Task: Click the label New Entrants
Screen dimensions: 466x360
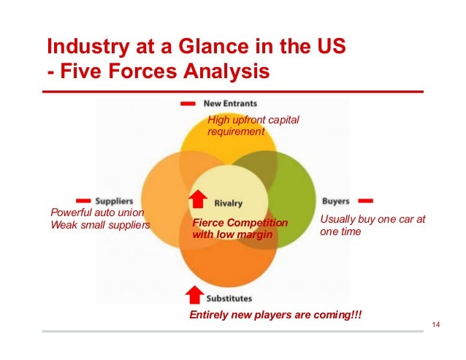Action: tap(230, 103)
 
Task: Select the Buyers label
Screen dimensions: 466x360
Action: tap(335, 200)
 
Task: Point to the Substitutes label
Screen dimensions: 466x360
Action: tap(229, 298)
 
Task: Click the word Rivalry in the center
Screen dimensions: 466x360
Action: tap(229, 202)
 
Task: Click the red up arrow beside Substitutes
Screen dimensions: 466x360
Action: tap(194, 294)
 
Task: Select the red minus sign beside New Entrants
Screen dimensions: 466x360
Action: tap(188, 103)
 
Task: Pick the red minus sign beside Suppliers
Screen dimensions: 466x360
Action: tap(83, 199)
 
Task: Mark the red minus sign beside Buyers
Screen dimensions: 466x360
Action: tap(366, 199)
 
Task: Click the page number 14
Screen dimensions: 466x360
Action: tap(438, 324)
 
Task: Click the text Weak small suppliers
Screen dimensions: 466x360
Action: tap(100, 225)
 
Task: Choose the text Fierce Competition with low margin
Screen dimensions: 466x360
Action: tap(240, 228)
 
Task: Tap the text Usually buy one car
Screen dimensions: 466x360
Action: tap(373, 219)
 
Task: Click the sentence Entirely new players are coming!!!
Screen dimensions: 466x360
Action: tap(275, 314)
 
